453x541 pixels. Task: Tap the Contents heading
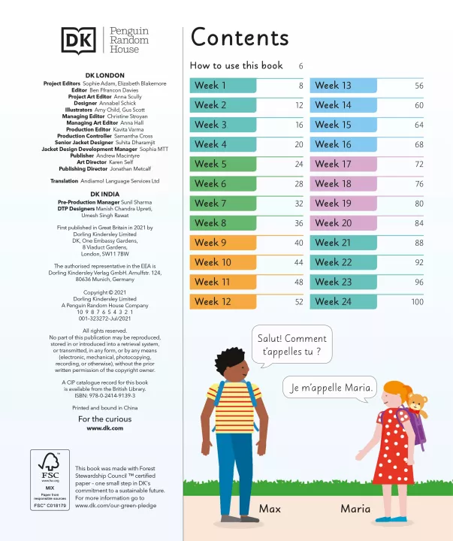(x=239, y=38)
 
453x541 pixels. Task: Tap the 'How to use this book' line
(x=237, y=65)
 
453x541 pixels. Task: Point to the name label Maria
(x=355, y=509)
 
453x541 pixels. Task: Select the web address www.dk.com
(x=104, y=428)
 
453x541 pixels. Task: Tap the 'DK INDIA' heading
(x=104, y=194)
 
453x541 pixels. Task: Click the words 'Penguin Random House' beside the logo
(x=129, y=40)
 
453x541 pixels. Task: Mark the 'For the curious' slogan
(x=104, y=419)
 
